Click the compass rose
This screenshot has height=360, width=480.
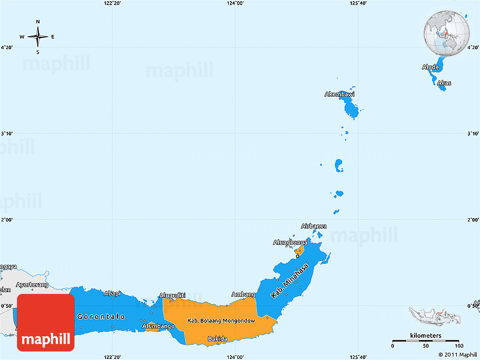tap(38, 37)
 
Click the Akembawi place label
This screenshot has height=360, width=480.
tap(339, 94)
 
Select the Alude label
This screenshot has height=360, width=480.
tap(430, 67)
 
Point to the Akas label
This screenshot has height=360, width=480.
tap(444, 83)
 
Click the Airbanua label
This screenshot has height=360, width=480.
tap(313, 226)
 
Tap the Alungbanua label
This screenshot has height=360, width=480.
tap(290, 242)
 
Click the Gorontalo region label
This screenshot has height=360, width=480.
tap(101, 316)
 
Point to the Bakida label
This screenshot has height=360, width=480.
tap(217, 339)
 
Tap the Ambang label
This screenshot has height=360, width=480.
tap(243, 294)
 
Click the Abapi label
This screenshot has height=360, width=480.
tap(112, 293)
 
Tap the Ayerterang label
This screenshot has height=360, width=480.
tap(31, 284)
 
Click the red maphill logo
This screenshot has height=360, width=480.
tap(46, 323)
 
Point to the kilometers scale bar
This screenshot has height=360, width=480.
tap(426, 340)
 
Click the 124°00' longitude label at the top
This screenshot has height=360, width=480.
tap(235, 3)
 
